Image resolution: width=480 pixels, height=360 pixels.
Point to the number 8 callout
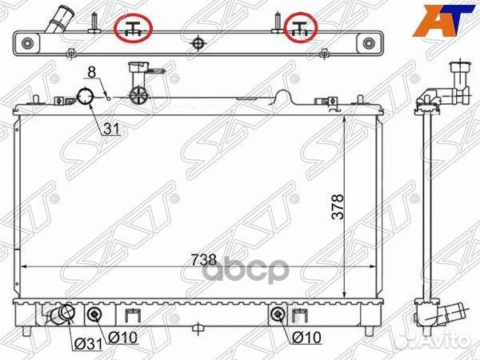pyautogui.click(x=93, y=73)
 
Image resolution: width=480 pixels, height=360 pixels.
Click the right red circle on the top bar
pyautogui.click(x=302, y=28)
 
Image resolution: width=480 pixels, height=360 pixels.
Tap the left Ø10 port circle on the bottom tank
pyautogui.click(x=94, y=313)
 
